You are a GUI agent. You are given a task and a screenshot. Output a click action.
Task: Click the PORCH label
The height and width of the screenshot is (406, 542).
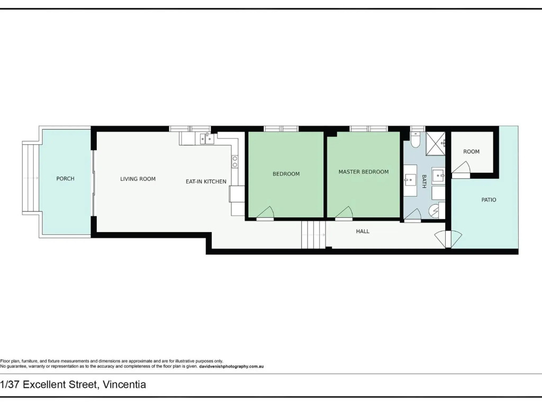pyautogui.click(x=65, y=179)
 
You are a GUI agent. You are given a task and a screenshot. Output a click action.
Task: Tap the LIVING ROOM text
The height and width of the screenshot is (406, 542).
pyautogui.click(x=138, y=179)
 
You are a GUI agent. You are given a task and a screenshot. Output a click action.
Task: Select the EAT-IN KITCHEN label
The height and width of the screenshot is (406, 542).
pyautogui.click(x=206, y=182)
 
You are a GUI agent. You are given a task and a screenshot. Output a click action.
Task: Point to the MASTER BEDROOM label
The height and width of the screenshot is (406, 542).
pyautogui.click(x=364, y=172)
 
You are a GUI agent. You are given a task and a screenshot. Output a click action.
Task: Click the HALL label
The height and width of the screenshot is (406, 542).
pyautogui.click(x=363, y=232)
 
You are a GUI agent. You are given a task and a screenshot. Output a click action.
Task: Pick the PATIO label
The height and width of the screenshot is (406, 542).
pyautogui.click(x=489, y=199)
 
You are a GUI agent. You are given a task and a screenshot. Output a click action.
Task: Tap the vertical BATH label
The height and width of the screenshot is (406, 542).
pyautogui.click(x=424, y=181)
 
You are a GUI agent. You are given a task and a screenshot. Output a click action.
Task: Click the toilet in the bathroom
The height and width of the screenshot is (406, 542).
pyautogui.click(x=415, y=139)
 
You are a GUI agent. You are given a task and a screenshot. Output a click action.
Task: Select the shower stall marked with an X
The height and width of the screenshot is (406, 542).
pyautogui.click(x=436, y=143)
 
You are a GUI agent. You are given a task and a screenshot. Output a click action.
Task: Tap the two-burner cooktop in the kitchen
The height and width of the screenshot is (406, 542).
pyautogui.click(x=234, y=162)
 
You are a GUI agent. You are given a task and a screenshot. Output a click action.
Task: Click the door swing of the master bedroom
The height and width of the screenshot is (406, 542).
pyautogui.click(x=344, y=214)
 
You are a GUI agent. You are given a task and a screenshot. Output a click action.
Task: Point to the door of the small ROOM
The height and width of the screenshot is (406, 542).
pyautogui.click(x=460, y=170)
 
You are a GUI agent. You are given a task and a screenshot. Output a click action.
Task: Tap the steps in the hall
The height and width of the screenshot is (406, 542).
pyautogui.click(x=313, y=235)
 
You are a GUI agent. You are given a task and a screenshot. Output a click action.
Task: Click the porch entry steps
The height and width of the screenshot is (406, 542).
pyautogui.click(x=30, y=178)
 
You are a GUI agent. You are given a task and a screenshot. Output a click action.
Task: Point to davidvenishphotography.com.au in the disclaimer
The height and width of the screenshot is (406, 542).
pyautogui.click(x=232, y=366)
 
